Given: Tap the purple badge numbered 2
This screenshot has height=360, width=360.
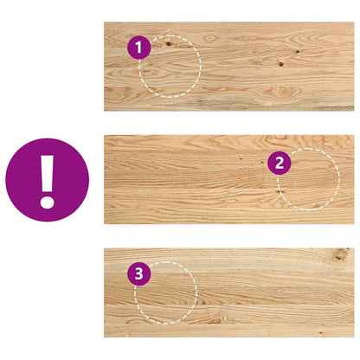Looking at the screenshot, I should click(278, 161).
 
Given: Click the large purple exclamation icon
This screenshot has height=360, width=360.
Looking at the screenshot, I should click(47, 179).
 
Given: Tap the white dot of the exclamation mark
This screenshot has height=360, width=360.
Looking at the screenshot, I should click(47, 201).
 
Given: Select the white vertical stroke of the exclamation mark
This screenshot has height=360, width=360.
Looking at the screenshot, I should click(47, 174).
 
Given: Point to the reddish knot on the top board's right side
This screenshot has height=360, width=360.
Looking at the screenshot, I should click(283, 62).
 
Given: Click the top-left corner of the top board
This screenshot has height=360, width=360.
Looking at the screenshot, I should click(105, 23).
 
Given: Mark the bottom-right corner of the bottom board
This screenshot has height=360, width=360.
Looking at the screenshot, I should click(352, 336).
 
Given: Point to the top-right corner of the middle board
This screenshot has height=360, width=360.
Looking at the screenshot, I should click(352, 136).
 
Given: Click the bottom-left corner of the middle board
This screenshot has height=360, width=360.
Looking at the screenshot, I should click(105, 223).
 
